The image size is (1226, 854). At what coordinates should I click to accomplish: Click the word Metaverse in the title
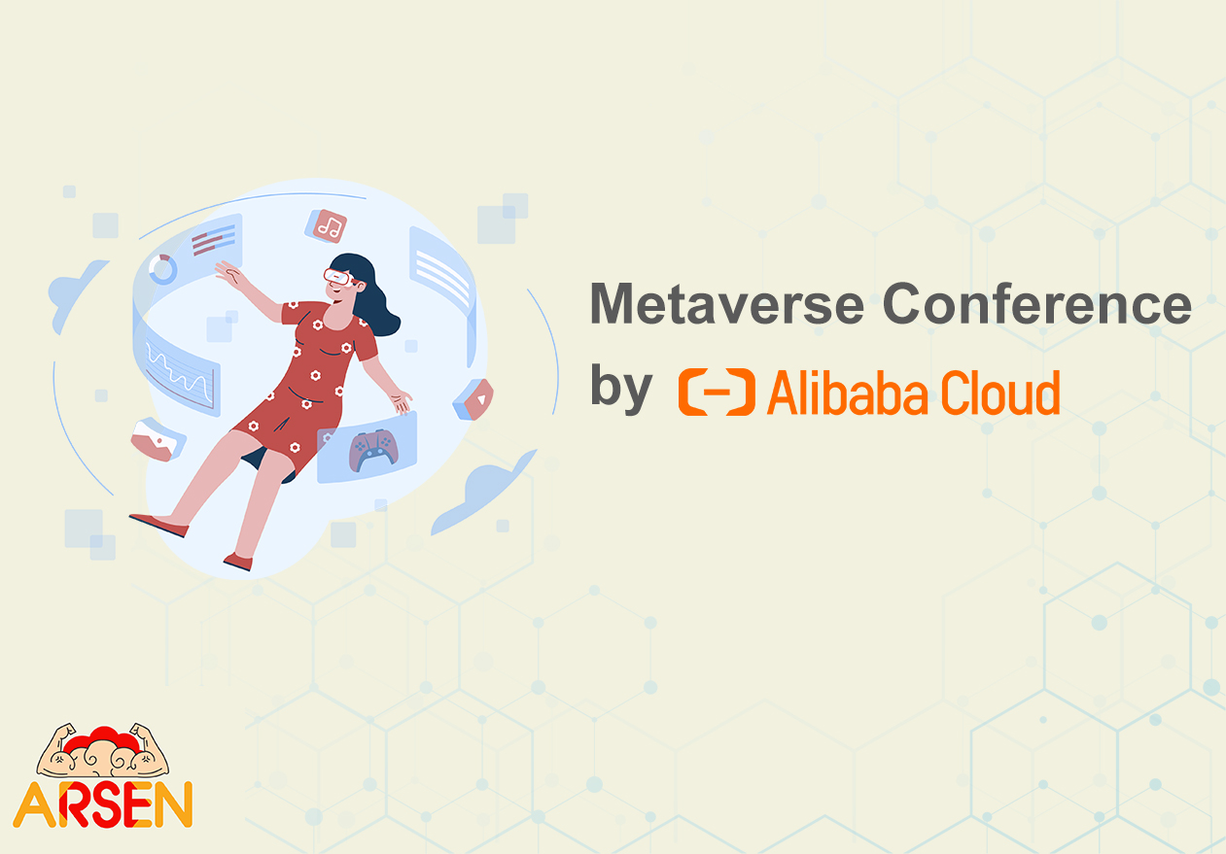coord(727,304)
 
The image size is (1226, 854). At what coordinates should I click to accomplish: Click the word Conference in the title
coord(1037,304)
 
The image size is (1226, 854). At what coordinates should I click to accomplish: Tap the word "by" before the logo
coord(621,389)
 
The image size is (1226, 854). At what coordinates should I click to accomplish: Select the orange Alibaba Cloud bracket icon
coord(717,392)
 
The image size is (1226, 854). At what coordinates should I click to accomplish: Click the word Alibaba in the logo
coord(847,393)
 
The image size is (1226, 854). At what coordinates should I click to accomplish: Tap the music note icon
coord(327,225)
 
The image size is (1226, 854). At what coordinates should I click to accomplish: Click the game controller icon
coord(373,450)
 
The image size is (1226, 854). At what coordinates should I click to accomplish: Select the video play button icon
coord(474,399)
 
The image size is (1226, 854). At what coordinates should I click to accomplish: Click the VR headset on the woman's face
coord(338,277)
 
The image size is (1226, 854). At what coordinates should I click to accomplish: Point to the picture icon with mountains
coord(158,440)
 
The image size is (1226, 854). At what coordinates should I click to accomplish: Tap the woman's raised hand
coord(229,272)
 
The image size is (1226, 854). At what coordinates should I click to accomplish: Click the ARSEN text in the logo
coord(103,804)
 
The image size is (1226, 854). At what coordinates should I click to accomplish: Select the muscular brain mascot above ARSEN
coord(103,751)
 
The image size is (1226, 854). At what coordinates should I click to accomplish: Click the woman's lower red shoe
coord(238,562)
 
